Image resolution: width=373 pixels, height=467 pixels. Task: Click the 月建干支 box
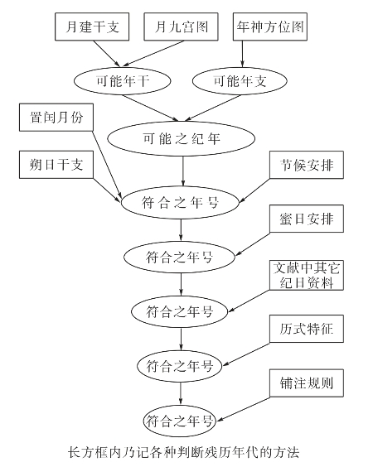[x=92, y=26]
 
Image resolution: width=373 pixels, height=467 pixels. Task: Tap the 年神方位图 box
[x=270, y=26]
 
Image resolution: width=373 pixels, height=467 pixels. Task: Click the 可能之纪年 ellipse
[x=183, y=136]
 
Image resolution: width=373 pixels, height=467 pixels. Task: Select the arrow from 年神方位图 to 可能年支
[x=242, y=53]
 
